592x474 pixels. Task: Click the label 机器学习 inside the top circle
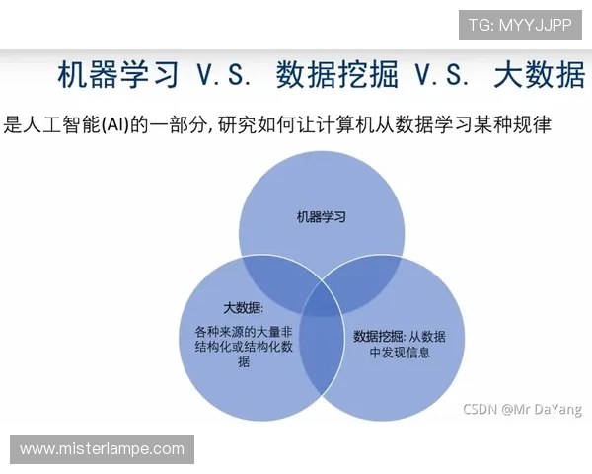coord(323,215)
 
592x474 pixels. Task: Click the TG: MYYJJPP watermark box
coord(520,24)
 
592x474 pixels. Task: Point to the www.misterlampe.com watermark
coord(103,448)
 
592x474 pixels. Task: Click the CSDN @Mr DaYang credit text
coord(522,408)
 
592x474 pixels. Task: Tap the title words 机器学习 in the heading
coord(118,75)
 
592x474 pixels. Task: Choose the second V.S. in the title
coord(445,75)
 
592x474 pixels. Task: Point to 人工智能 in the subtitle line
coord(63,125)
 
